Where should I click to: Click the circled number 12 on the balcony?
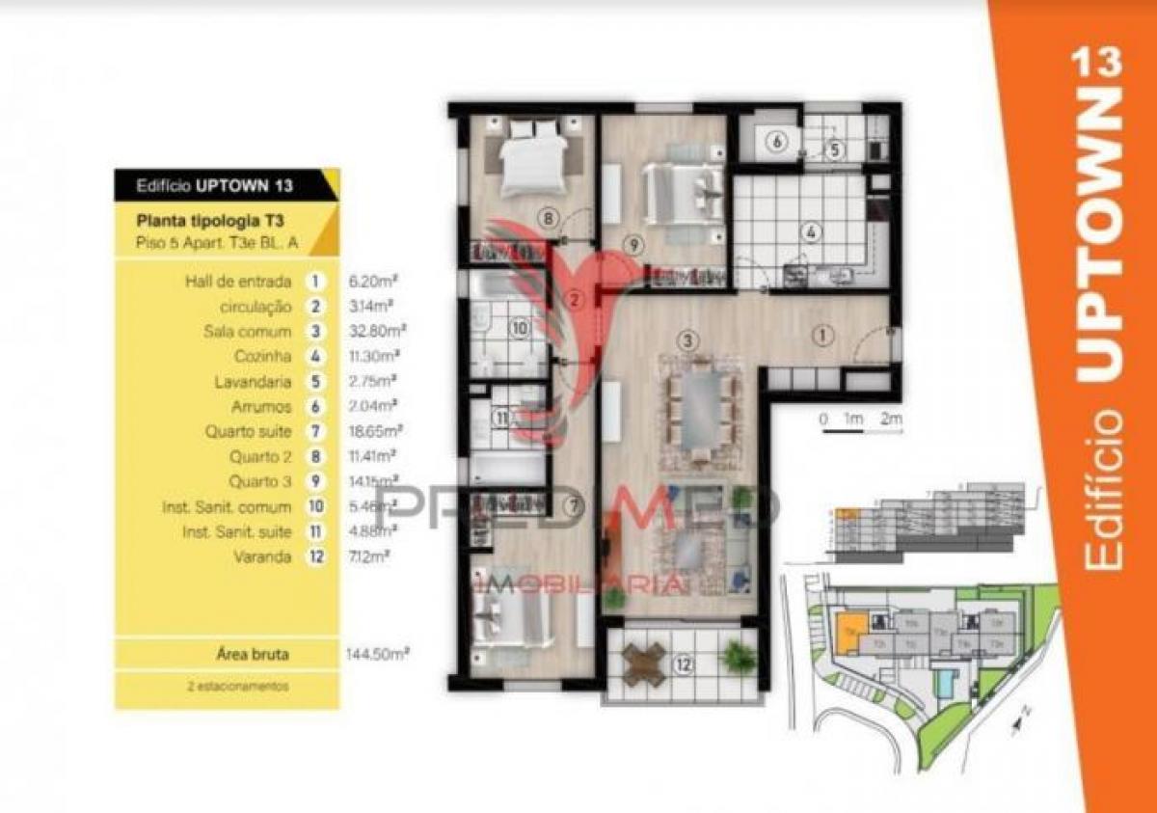point(684,664)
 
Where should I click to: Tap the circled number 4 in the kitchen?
point(812,231)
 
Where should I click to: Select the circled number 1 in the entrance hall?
point(821,336)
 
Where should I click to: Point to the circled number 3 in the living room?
point(686,339)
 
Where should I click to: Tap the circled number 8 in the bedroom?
point(548,218)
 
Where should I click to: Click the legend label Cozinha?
point(263,356)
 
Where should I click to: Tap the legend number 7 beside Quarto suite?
point(313,431)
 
